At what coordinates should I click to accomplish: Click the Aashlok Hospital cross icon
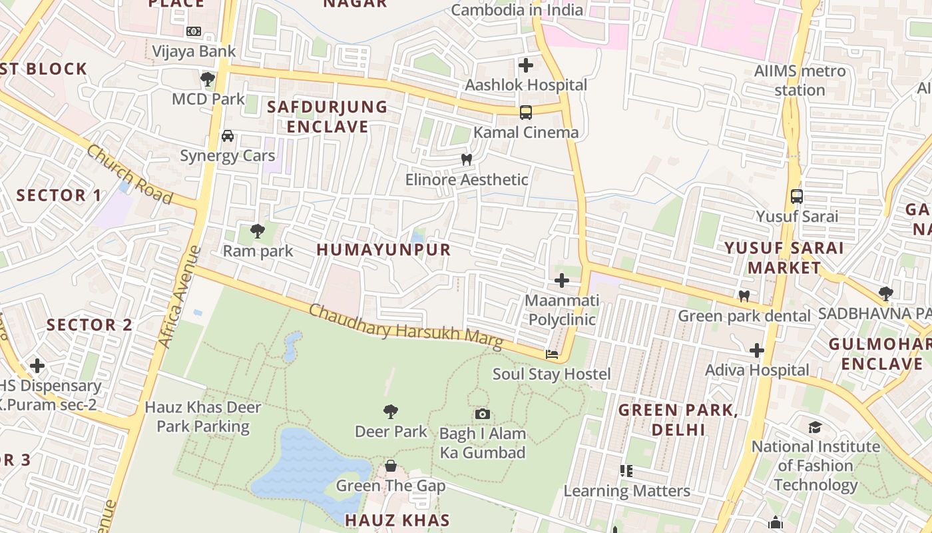pos(526,65)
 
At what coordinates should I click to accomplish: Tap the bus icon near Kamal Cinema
pos(526,113)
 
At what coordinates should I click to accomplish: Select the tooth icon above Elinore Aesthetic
pos(467,160)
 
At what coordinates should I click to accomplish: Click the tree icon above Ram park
pos(258,231)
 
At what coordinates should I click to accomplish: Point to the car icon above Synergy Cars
pos(228,136)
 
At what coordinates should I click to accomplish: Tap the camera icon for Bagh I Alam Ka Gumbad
pos(483,414)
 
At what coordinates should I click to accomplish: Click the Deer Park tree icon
pos(391,412)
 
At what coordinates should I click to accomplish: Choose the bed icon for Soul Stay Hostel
pos(552,354)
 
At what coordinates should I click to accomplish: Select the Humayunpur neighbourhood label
pos(383,250)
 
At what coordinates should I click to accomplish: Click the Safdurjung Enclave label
pos(327,117)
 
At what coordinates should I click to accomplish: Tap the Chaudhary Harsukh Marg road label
pos(405,326)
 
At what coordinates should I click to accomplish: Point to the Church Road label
pos(130,175)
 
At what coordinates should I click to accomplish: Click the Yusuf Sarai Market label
pos(784,258)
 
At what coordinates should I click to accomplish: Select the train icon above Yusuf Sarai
pos(796,197)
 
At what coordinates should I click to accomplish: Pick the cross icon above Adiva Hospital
pos(757,350)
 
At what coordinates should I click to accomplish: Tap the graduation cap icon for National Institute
pos(815,427)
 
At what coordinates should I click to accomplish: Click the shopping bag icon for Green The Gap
pos(391,466)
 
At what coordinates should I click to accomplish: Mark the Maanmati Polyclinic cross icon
pos(562,280)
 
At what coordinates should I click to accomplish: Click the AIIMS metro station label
pos(800,80)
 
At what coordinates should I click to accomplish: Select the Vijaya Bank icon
pos(194,31)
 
